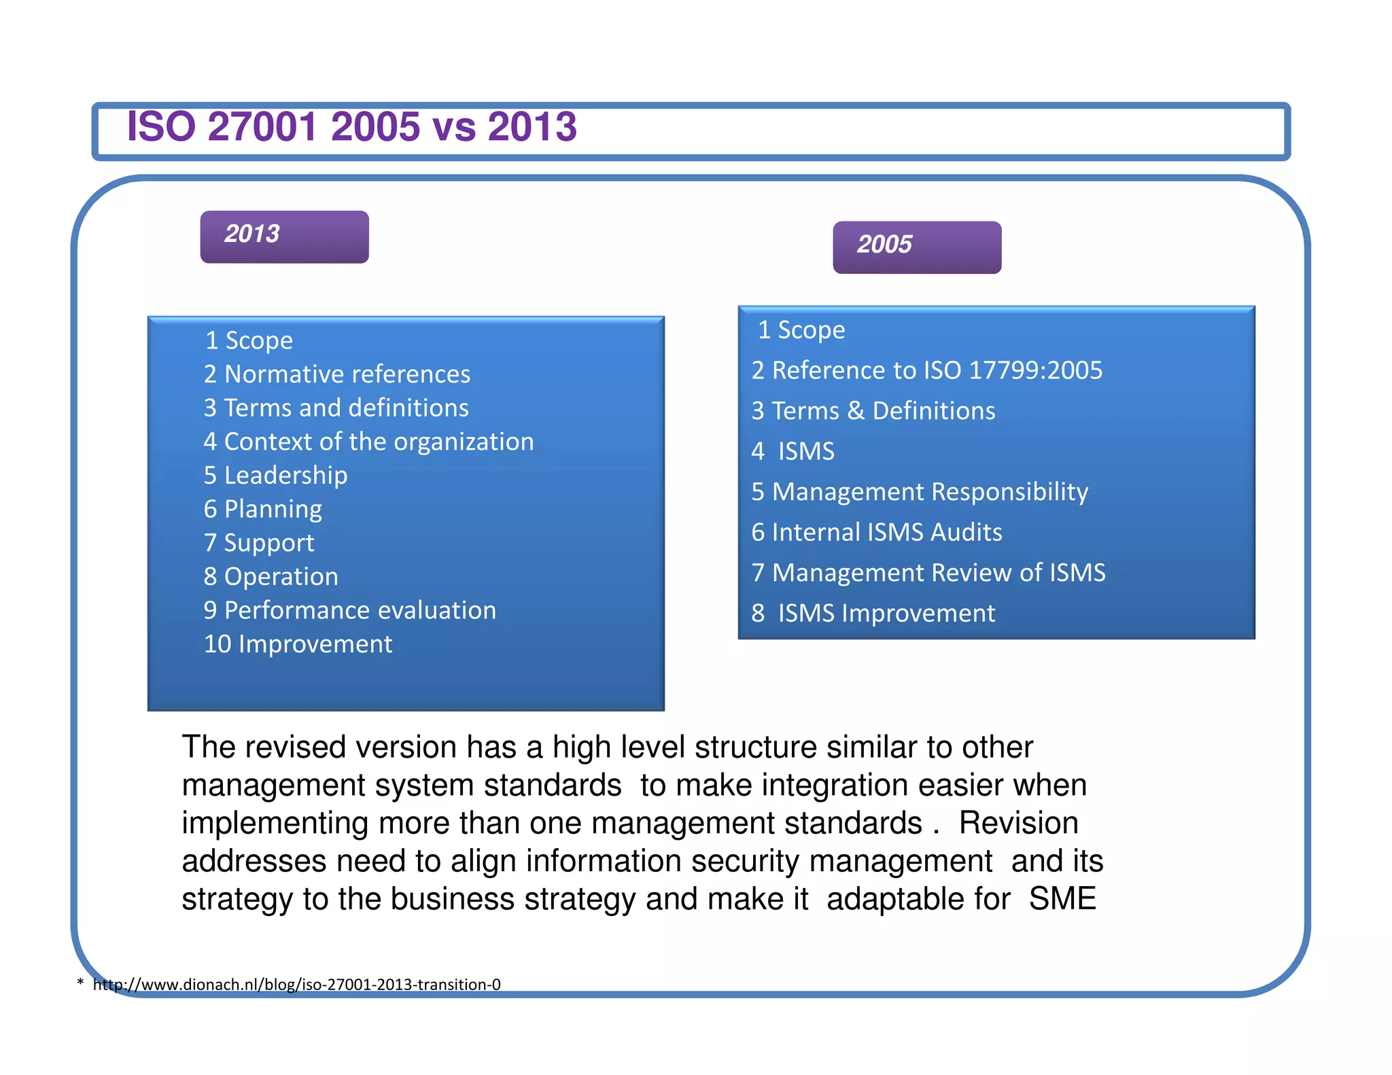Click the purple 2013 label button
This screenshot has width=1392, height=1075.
click(x=284, y=236)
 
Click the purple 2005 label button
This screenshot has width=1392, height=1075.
click(x=916, y=247)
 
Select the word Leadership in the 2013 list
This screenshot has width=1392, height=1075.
click(x=285, y=475)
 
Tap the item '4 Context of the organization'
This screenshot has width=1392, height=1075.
click(x=368, y=442)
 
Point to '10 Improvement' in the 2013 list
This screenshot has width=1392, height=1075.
click(x=298, y=644)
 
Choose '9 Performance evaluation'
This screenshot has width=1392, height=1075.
click(x=349, y=610)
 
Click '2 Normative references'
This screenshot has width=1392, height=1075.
click(x=336, y=374)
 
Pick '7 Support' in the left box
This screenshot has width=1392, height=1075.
click(x=258, y=543)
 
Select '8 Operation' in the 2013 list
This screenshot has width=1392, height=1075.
click(x=271, y=576)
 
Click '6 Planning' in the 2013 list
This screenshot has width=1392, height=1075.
click(x=262, y=509)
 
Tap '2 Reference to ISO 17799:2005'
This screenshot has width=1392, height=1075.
click(x=926, y=370)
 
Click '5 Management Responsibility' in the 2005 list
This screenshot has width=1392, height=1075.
click(x=919, y=491)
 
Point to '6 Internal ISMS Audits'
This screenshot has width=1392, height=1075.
click(x=876, y=532)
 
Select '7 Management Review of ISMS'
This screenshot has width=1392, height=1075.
click(x=928, y=572)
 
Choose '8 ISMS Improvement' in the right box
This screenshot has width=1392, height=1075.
click(x=873, y=613)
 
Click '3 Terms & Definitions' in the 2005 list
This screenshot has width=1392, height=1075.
click(x=873, y=410)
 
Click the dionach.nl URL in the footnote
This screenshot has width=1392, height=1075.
click(x=296, y=984)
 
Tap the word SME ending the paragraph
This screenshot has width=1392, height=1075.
click(x=1062, y=898)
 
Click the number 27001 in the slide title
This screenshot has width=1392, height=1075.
click(x=262, y=126)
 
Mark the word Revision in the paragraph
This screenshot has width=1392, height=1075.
click(x=1018, y=823)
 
